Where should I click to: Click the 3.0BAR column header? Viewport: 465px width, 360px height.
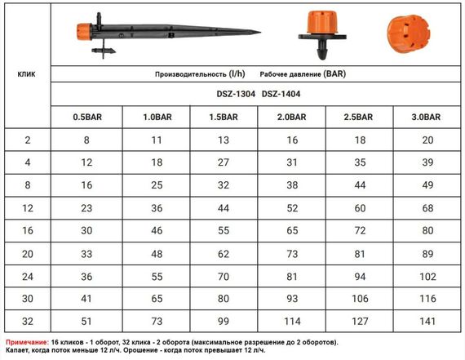tap(427, 117)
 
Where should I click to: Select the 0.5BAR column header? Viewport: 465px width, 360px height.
tap(86, 117)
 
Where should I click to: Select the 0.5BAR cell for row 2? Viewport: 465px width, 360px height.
tap(86, 140)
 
